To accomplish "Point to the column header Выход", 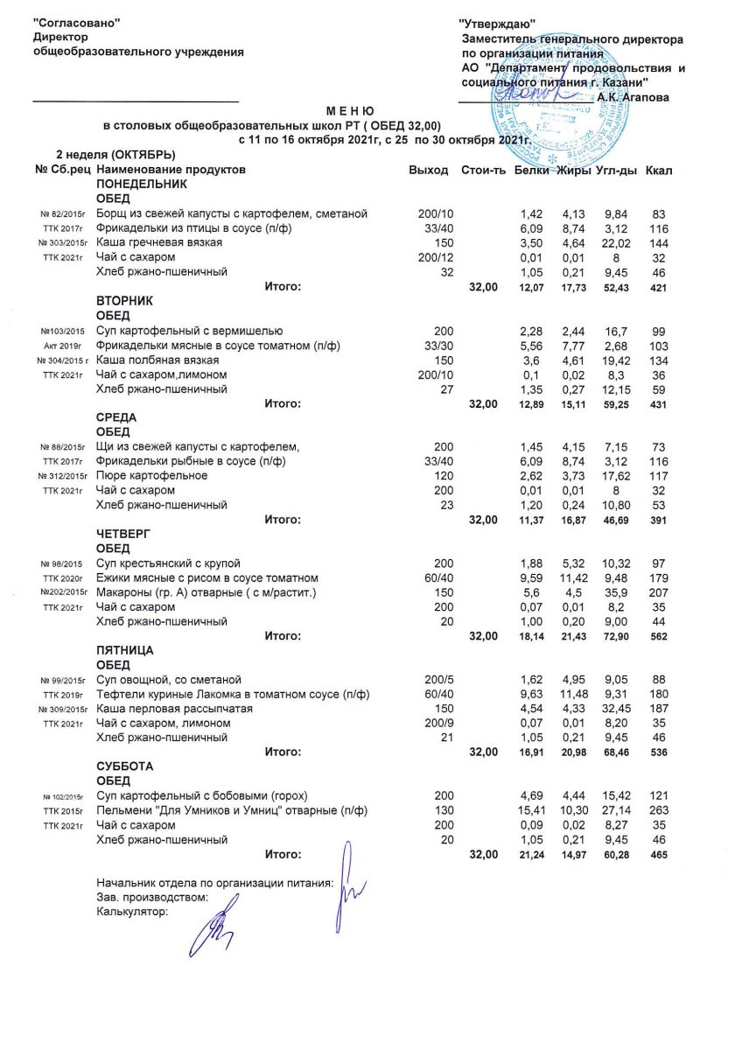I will pyautogui.click(x=429, y=170).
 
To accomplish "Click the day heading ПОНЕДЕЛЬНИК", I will pyautogui.click(x=142, y=185).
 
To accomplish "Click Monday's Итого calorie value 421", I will pyautogui.click(x=659, y=287).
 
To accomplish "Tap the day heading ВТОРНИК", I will pyautogui.click(x=125, y=300).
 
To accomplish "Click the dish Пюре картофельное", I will pyautogui.click(x=151, y=475).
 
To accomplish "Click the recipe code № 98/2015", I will pyautogui.click(x=63, y=563).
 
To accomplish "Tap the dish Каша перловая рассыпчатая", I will pyautogui.click(x=175, y=708).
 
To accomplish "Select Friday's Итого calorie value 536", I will pyautogui.click(x=659, y=752).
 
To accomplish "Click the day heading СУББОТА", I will pyautogui.click(x=125, y=766).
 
